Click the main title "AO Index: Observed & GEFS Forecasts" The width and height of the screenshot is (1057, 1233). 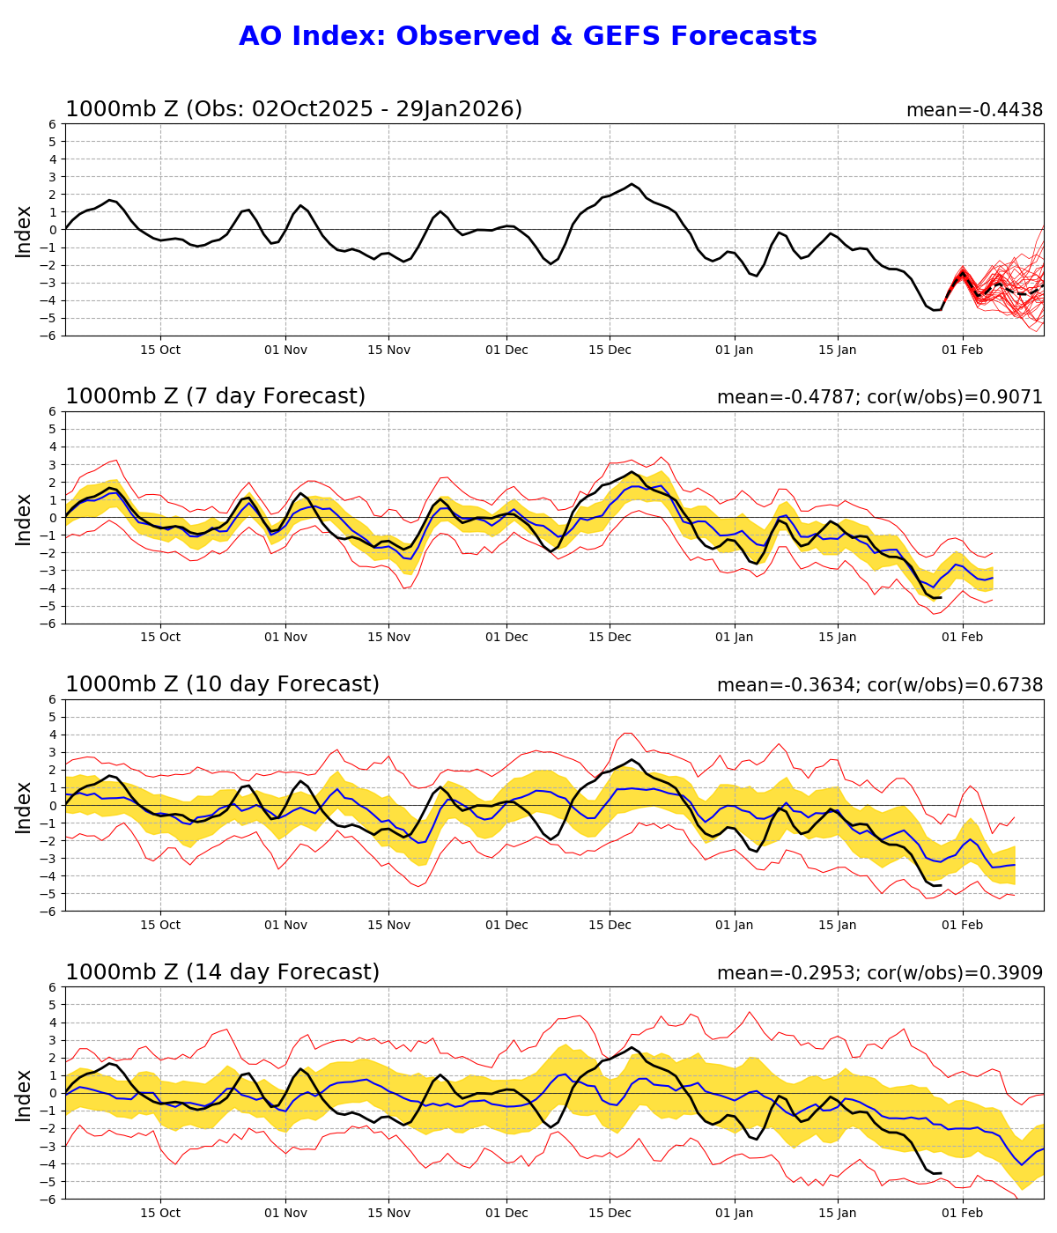tap(528, 37)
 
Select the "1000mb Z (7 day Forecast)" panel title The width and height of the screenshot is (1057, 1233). tap(215, 397)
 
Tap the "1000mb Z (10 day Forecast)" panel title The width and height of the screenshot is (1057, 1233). tap(222, 685)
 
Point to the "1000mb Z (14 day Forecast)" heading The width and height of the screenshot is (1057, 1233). tap(222, 972)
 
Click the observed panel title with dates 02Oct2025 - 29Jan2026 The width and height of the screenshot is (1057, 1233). tap(293, 109)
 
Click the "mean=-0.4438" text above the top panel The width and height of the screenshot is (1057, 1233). tap(974, 110)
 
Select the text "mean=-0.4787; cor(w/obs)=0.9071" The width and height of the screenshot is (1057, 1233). tap(879, 397)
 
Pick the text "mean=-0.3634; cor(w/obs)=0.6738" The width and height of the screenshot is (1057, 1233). tap(879, 685)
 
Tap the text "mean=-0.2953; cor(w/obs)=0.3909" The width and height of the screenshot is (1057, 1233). tap(879, 973)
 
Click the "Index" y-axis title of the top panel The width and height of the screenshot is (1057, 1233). tap(24, 231)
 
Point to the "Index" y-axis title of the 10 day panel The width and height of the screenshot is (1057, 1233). tap(24, 806)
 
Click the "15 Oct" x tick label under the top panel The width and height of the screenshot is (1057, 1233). tap(160, 350)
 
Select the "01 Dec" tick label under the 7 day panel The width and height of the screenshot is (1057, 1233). tap(507, 637)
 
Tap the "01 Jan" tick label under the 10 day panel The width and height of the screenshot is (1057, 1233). tap(734, 925)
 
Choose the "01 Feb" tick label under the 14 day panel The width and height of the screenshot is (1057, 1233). tap(963, 1213)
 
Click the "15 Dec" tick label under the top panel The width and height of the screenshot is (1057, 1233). tap(610, 350)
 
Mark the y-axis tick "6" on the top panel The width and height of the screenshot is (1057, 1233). tap(54, 124)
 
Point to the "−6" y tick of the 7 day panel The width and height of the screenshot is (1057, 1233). tap(50, 624)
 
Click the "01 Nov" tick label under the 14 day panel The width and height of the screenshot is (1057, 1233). tap(285, 1213)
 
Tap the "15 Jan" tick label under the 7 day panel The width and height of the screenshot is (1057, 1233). tap(838, 637)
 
